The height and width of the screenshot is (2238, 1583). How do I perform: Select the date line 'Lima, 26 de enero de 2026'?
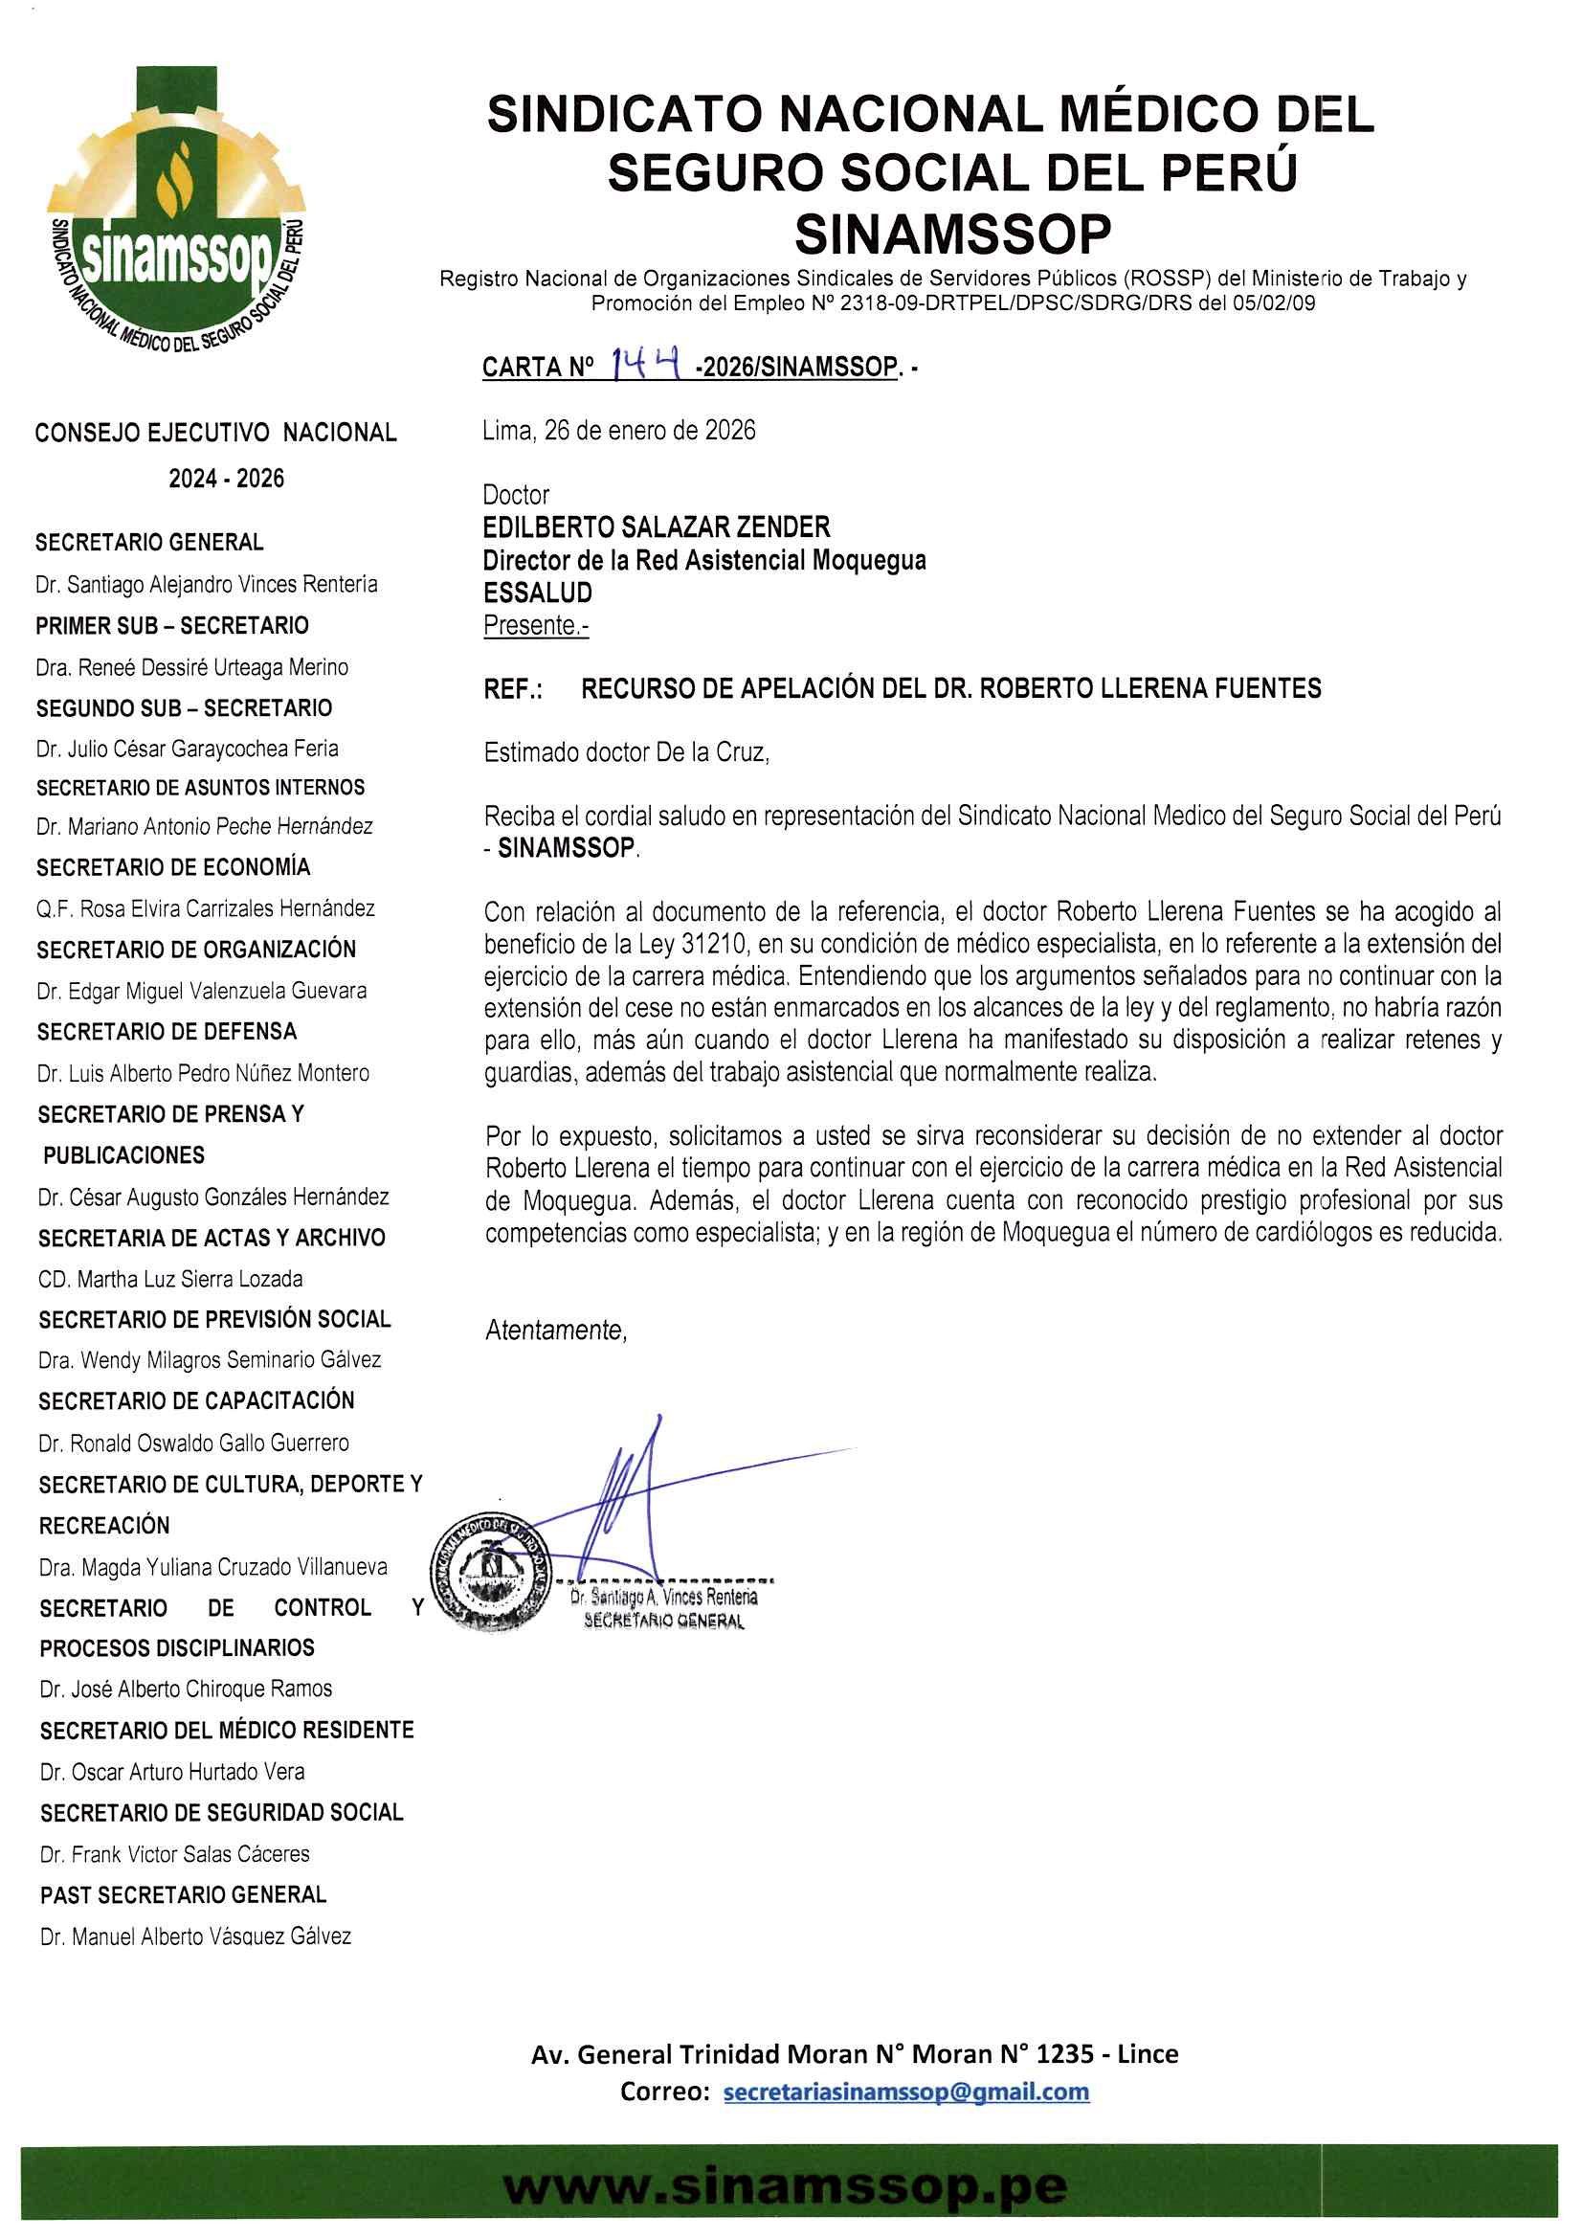[619, 431]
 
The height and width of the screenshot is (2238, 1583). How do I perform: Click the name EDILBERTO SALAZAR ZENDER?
[657, 527]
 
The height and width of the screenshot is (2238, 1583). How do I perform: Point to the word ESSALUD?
[537, 593]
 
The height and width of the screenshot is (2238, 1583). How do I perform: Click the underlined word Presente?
[535, 625]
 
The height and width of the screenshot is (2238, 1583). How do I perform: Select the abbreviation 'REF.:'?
[513, 689]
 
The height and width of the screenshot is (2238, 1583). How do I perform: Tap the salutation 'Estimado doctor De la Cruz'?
[627, 752]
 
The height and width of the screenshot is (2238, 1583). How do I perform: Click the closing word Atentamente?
[556, 1331]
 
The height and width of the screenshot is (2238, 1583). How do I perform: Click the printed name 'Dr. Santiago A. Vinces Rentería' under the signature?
[664, 1598]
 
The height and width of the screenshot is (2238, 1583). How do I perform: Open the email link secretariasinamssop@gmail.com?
[905, 2092]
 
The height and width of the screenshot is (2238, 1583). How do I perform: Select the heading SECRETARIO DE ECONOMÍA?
[173, 867]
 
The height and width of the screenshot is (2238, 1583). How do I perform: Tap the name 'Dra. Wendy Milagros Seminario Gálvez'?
[210, 1360]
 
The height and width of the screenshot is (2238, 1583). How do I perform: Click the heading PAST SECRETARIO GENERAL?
[183, 1895]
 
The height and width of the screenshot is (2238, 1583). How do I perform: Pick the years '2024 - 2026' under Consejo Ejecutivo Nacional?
[226, 479]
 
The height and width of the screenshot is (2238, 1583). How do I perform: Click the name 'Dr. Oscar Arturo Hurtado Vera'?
[172, 1772]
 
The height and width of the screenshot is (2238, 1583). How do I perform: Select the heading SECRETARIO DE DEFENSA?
[167, 1031]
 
